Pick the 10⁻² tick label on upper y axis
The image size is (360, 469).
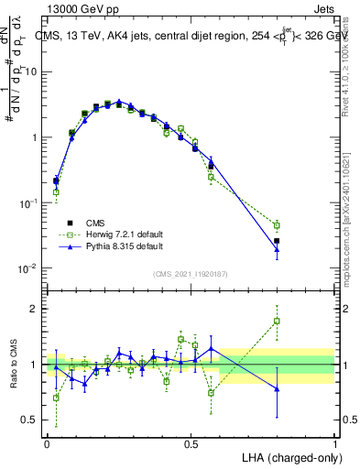[x=30, y=268]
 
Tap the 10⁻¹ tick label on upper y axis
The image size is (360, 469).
[x=30, y=203]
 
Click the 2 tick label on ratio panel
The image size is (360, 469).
[x=36, y=309]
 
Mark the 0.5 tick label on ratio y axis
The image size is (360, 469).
[x=31, y=421]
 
